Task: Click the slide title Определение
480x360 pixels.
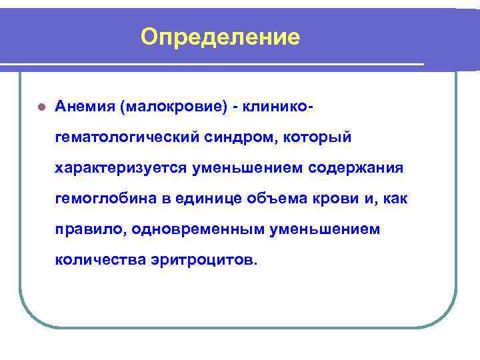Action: tap(221, 37)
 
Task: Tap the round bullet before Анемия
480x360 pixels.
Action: tap(41, 107)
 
